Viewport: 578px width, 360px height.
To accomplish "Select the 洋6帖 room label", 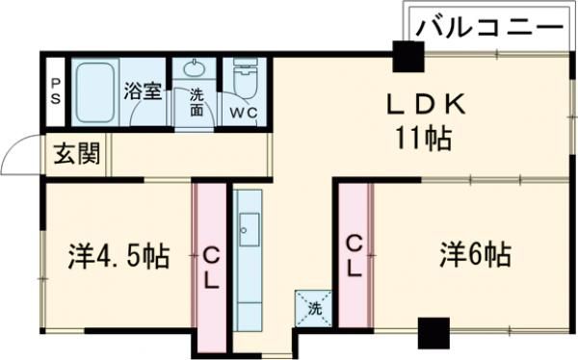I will [476, 255].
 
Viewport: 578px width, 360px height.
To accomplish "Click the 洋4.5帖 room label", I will [118, 256].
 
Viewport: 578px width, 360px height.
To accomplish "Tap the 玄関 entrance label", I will [75, 154].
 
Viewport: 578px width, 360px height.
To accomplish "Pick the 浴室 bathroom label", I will [143, 92].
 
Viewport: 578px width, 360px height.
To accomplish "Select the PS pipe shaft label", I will [55, 92].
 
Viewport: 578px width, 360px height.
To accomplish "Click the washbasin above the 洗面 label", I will [197, 69].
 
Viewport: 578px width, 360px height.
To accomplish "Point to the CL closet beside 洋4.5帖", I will [210, 267].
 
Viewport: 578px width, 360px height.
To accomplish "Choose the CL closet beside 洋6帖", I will [355, 255].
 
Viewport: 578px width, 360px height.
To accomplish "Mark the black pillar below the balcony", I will [407, 58].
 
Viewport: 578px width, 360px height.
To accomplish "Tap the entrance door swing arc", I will [21, 156].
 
